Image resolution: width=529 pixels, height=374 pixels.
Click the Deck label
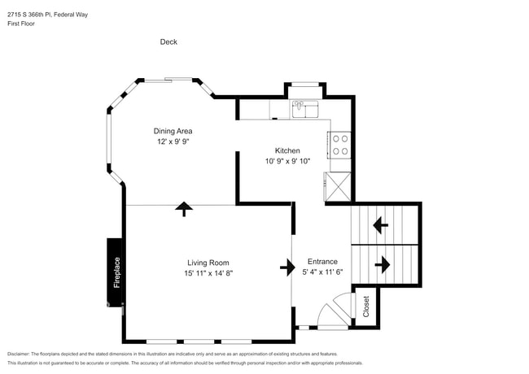(x=168, y=42)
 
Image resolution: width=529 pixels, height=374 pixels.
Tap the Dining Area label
(x=173, y=131)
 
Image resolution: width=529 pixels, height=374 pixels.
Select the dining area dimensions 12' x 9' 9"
(x=173, y=141)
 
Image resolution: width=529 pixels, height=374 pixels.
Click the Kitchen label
(x=287, y=150)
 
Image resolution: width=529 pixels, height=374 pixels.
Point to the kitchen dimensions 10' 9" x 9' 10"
(x=287, y=161)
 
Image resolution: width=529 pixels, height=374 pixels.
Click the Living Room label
(x=208, y=263)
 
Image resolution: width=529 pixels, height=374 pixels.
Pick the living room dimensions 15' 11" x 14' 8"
(x=208, y=273)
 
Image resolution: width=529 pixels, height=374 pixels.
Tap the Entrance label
(x=323, y=262)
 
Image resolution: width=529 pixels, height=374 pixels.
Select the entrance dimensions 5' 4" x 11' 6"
(x=323, y=272)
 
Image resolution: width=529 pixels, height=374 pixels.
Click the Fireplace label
(x=116, y=272)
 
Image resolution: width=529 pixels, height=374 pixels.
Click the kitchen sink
(x=306, y=107)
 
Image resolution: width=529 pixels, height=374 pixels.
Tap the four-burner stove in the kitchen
(x=339, y=145)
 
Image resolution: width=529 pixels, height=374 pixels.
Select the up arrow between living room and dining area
(x=184, y=209)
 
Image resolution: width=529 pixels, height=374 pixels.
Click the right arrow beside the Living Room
(x=288, y=267)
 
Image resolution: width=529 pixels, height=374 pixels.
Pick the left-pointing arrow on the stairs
(x=380, y=224)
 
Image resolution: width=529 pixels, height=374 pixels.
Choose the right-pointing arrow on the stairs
(x=382, y=264)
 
